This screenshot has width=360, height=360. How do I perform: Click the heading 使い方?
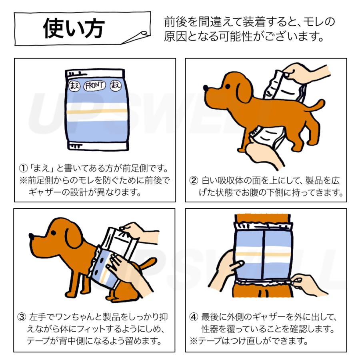[74, 28]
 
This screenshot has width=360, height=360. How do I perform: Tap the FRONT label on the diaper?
[94, 86]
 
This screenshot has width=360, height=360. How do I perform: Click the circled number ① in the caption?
[23, 168]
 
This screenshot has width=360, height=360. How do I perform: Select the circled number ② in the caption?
[194, 180]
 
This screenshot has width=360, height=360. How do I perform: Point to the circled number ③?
[22, 317]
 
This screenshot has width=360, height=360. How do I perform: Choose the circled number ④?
[194, 317]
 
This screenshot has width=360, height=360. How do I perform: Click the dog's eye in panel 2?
[228, 86]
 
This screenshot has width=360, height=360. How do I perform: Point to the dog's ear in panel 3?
[73, 238]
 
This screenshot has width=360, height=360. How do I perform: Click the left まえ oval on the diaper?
[74, 86]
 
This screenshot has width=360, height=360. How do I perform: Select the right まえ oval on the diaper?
[116, 86]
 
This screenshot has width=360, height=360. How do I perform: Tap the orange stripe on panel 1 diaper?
[97, 112]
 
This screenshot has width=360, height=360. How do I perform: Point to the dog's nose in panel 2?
[206, 88]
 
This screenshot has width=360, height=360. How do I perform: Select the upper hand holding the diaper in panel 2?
[303, 73]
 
